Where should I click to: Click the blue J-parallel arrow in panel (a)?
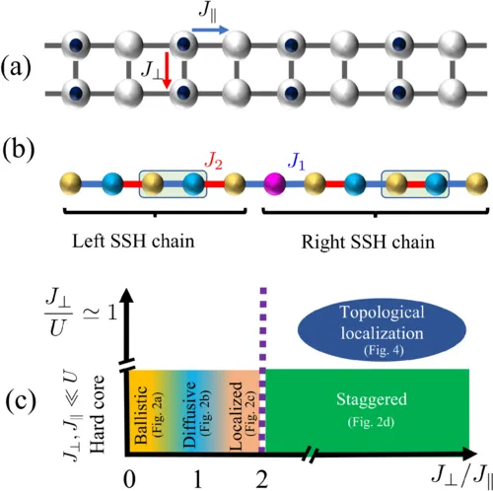(208, 32)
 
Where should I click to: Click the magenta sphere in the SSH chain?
(275, 183)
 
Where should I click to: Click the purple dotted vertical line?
(263, 325)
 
